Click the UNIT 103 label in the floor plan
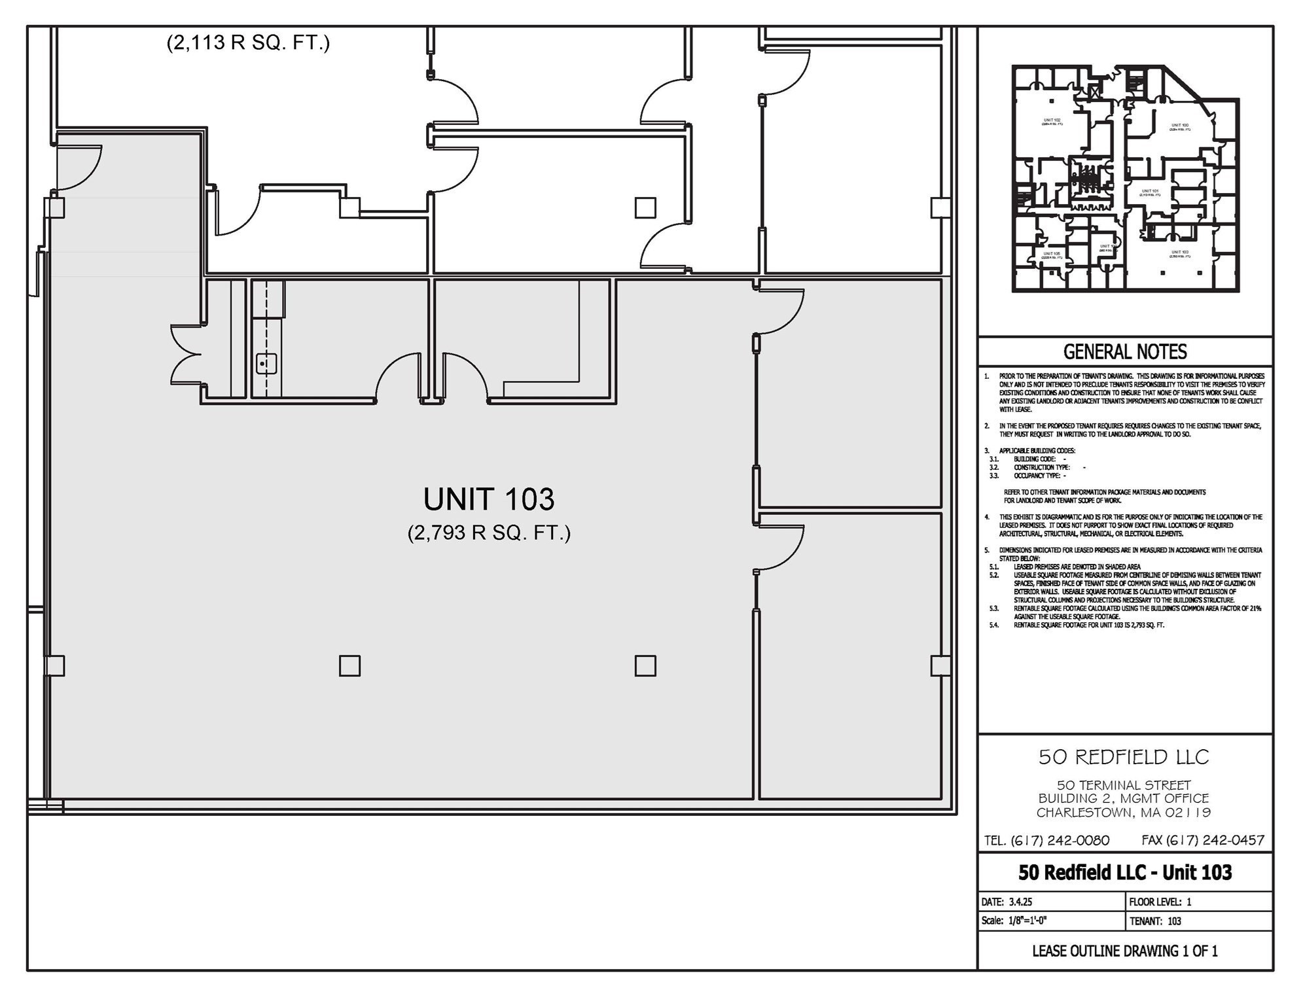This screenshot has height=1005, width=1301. click(x=489, y=500)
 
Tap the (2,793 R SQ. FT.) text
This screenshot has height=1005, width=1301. click(x=489, y=533)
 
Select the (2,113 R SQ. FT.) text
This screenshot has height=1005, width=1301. click(x=248, y=43)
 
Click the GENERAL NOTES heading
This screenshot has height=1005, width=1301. click(x=1125, y=352)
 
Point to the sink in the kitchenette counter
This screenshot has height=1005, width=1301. click(x=266, y=363)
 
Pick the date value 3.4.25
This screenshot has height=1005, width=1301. click(x=1020, y=902)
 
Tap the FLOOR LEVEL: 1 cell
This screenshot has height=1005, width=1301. click(x=1160, y=902)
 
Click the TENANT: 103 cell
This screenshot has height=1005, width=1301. click(x=1156, y=921)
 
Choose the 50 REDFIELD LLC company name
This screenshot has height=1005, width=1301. click(x=1124, y=757)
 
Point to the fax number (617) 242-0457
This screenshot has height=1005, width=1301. click(x=1203, y=840)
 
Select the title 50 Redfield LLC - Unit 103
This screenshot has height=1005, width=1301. click(x=1125, y=872)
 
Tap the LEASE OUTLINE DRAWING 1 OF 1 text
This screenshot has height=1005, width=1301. click(x=1125, y=951)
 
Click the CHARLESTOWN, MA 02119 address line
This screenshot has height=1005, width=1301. click(x=1124, y=813)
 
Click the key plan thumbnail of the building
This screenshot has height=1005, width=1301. click(x=1125, y=178)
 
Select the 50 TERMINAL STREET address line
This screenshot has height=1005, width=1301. click(x=1124, y=785)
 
